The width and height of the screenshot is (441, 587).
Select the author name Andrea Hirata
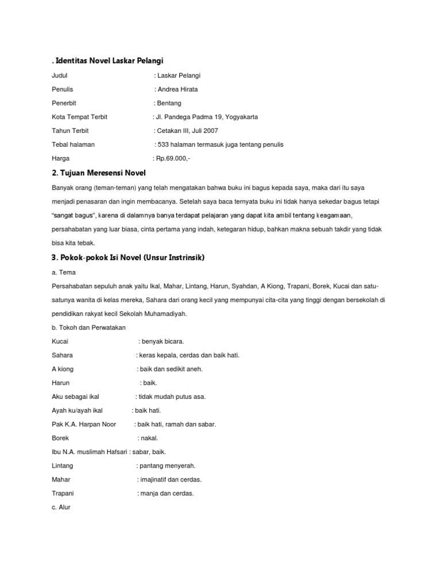pos(178,89)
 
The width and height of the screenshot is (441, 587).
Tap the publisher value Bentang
pos(169,103)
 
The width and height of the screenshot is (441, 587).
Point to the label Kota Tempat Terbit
pos(79,117)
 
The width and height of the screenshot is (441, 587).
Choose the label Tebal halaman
pos(73,144)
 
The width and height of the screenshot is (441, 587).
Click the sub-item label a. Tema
pos(63,272)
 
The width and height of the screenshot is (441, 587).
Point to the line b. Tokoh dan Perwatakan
pos(88,327)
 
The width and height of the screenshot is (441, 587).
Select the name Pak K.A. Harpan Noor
pos(84,424)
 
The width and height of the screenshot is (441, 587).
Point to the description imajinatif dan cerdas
pos(171,479)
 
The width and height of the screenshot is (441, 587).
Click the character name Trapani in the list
pos(63,493)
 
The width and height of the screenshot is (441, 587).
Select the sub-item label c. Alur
pos(61,507)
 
